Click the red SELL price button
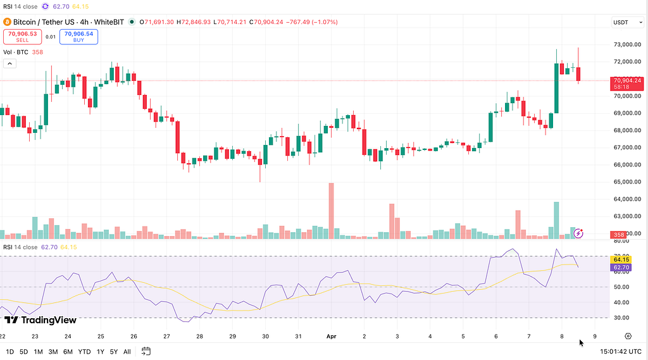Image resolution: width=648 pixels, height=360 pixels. (22, 37)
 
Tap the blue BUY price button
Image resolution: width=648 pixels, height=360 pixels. (78, 37)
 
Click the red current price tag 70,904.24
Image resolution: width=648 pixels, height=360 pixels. (626, 83)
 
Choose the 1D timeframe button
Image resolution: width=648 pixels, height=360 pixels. (9, 351)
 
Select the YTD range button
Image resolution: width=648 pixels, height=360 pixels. (84, 351)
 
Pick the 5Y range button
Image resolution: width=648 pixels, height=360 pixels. (113, 351)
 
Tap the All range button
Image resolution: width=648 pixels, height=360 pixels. (127, 351)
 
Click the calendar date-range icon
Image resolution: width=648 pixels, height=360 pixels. (146, 351)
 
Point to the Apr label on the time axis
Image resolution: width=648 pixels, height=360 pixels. (331, 337)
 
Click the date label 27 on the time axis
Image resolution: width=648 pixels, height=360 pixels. (166, 337)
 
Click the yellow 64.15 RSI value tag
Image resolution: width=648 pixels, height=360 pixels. (620, 259)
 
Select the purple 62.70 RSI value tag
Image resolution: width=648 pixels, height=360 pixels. (620, 268)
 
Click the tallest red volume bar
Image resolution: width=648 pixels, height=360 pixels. (330, 210)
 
